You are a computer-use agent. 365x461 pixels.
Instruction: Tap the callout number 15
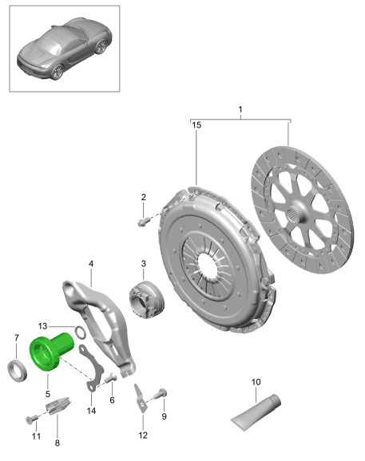(x=196, y=125)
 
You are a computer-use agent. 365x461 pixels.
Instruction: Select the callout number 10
(x=256, y=382)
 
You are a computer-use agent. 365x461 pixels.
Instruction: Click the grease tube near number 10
(x=256, y=412)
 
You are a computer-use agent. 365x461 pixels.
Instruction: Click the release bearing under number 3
(x=146, y=299)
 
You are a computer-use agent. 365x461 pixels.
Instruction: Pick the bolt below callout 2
(x=142, y=223)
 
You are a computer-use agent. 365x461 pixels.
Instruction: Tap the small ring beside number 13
(x=80, y=333)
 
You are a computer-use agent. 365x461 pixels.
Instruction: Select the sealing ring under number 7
(x=17, y=371)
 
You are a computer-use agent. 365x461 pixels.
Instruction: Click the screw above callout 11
(x=30, y=420)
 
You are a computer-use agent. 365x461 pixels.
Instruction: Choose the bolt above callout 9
(x=161, y=393)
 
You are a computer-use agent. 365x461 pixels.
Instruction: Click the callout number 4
(x=91, y=263)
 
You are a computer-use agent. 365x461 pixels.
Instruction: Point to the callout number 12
(x=143, y=435)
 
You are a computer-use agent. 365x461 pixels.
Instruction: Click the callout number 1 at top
(x=240, y=109)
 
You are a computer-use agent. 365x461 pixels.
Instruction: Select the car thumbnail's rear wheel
(x=58, y=72)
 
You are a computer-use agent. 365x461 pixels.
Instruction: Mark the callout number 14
(x=91, y=411)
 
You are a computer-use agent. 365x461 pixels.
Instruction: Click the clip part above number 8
(x=58, y=405)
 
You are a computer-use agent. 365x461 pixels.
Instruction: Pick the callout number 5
(x=48, y=394)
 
